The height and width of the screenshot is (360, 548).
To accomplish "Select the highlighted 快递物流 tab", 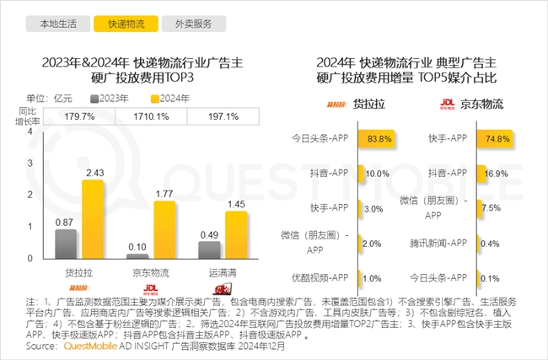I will [119, 24].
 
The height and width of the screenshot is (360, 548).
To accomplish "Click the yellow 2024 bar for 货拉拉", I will [93, 218].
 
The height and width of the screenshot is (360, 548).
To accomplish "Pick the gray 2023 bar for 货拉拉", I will [65, 243].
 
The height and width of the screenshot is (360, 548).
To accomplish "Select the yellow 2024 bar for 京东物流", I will [164, 228].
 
